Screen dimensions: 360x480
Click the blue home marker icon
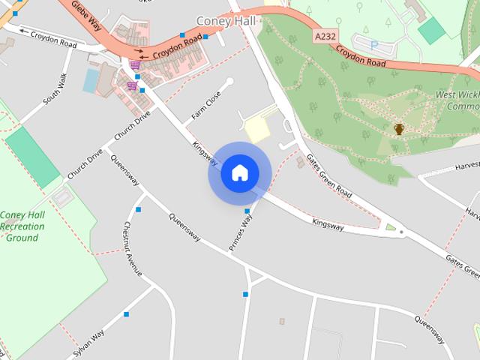click(239, 172)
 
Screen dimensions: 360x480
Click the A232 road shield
click(325, 36)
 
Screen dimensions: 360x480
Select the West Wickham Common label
click(457, 100)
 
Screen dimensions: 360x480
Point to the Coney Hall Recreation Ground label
click(22, 226)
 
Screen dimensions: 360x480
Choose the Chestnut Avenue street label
click(133, 249)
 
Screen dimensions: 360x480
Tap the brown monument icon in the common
click(399, 129)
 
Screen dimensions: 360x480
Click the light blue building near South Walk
click(91, 80)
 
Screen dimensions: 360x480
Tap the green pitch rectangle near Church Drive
click(32, 157)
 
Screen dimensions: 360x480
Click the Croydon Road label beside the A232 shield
click(361, 58)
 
